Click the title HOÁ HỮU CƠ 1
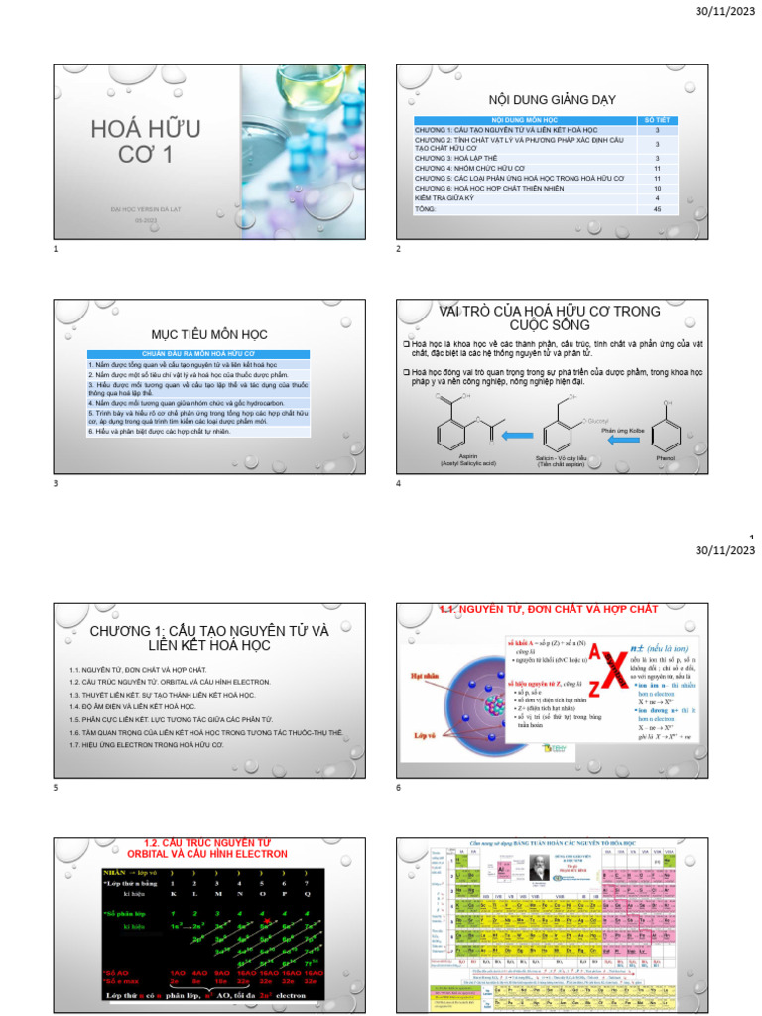145,141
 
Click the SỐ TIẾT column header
657,119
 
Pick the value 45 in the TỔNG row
657,209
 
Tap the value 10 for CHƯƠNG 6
657,187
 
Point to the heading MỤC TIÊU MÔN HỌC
208,334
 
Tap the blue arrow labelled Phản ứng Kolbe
623,443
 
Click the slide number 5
57,788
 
